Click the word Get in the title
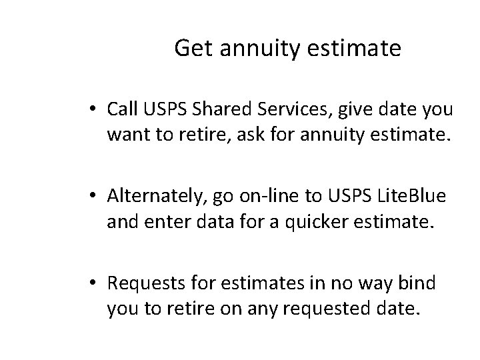tap(190, 49)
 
